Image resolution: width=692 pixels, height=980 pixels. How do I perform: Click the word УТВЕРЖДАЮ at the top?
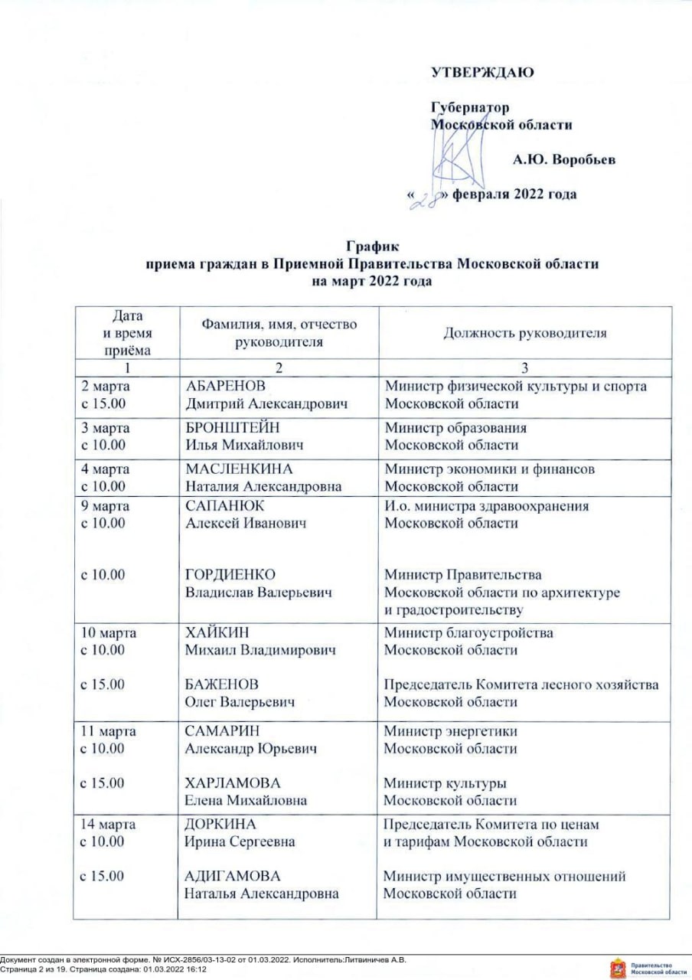tap(482, 73)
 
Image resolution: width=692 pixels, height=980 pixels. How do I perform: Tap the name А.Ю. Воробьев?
tap(564, 160)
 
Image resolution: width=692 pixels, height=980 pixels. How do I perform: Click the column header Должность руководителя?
tap(525, 333)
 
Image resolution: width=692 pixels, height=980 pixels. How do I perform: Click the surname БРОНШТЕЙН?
tap(230, 428)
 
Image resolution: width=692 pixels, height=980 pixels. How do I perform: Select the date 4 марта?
tap(105, 469)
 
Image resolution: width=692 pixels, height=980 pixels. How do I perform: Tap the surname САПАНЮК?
tap(224, 506)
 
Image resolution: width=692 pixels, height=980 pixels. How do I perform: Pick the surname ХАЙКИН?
tap(217, 633)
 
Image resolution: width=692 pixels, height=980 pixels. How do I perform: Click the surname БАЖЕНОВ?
tap(221, 684)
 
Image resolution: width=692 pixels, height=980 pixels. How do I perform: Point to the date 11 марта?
tap(108, 731)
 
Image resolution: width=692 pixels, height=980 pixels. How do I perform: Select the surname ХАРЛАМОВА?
tap(233, 783)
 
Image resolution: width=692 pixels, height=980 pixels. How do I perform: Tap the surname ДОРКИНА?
tap(221, 825)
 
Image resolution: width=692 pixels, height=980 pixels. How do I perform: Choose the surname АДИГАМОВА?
tap(233, 876)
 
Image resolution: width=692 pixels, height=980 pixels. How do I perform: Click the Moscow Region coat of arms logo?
tap(617, 967)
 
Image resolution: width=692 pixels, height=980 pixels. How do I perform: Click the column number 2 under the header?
tap(279, 367)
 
